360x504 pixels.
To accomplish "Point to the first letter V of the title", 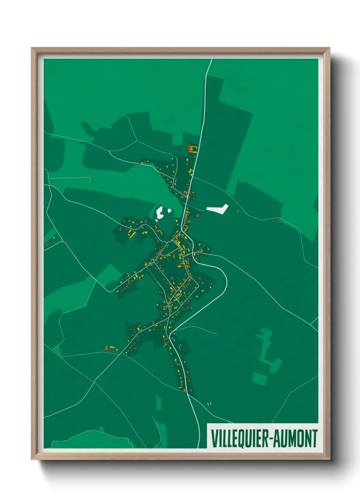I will click(214, 438).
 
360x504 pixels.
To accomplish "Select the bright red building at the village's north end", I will click(190, 147).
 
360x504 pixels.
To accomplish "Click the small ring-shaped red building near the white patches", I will click(198, 215).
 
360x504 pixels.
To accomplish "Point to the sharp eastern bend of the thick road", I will click(226, 281).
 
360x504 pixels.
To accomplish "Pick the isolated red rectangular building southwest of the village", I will click(107, 348).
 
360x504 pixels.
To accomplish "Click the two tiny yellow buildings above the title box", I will click(209, 404).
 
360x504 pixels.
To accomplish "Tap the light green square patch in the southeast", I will click(260, 378).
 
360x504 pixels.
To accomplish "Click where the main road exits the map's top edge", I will click(212, 60).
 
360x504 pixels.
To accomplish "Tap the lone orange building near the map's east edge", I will click(278, 220).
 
